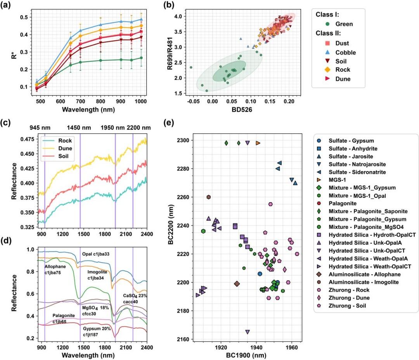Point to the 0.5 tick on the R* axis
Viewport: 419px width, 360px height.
[24, 17]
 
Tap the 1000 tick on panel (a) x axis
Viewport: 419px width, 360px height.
[140, 101]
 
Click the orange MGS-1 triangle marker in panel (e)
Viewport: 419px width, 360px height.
[258, 143]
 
